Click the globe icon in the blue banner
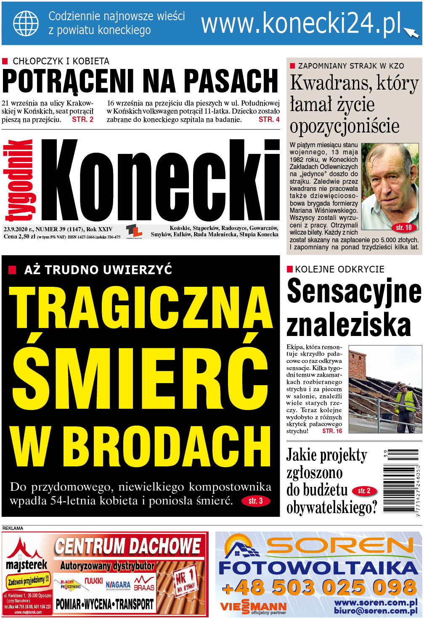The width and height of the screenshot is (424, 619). pos(26,24)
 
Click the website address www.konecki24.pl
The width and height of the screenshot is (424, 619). pos(301,24)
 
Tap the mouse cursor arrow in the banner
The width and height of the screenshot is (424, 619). pos(411,32)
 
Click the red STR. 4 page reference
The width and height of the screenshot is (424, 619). pos(269,119)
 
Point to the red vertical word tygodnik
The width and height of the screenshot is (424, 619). pos(19,180)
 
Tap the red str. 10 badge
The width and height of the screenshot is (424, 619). pos(404,227)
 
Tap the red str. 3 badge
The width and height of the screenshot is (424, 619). pos(255,501)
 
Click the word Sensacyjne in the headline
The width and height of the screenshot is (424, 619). pos(354,291)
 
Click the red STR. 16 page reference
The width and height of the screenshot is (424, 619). pos(332,431)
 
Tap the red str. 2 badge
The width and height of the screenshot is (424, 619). pos(364,491)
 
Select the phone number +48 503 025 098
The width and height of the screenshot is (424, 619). pos(318,587)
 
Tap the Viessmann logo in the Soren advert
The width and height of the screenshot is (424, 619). pos(253,607)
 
